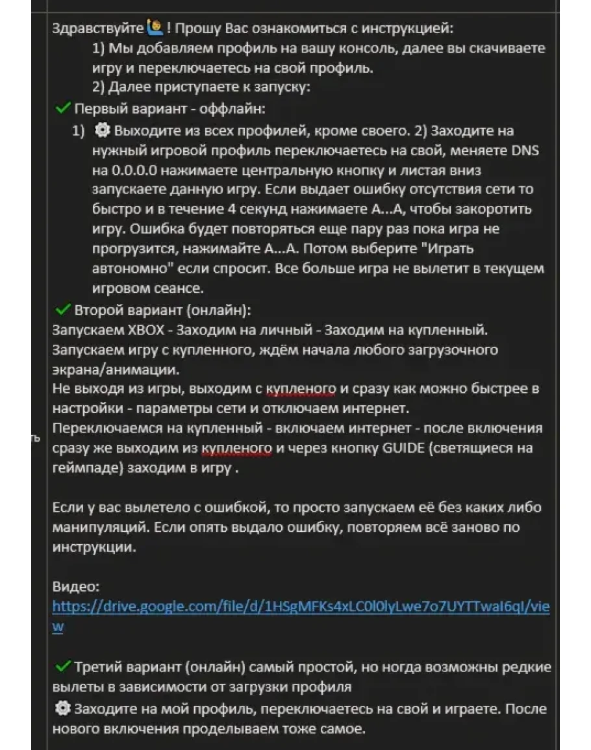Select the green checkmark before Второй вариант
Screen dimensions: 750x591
(x=63, y=309)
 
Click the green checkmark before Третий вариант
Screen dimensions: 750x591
(x=63, y=667)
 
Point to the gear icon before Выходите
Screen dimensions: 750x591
(x=102, y=130)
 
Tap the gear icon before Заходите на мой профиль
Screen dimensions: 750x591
(x=63, y=708)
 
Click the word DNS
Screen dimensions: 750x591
(x=525, y=151)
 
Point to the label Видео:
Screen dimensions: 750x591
(x=76, y=586)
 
